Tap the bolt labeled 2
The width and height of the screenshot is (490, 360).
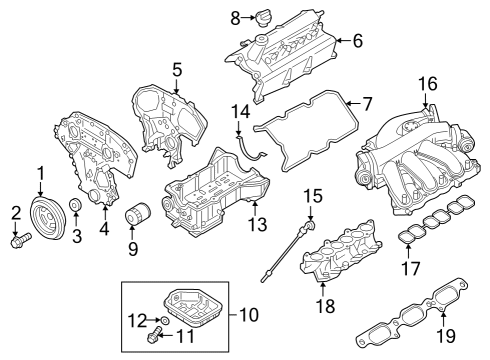[x=19, y=241]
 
